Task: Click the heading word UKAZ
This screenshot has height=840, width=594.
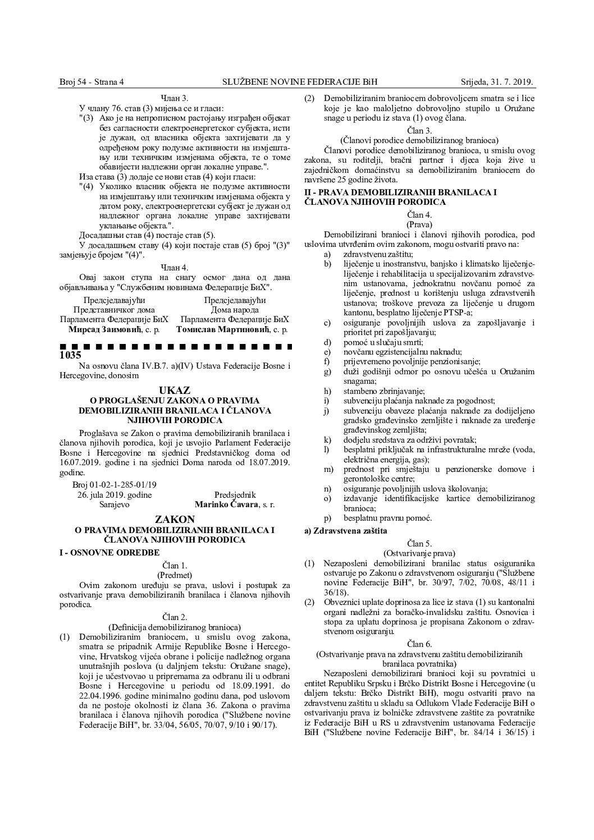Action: pyautogui.click(x=175, y=389)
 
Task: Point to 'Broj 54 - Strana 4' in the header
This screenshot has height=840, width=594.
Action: pyautogui.click(x=92, y=82)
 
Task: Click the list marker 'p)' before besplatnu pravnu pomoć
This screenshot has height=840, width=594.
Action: pyautogui.click(x=327, y=518)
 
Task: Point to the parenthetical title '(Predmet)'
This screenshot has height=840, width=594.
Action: pyautogui.click(x=174, y=575)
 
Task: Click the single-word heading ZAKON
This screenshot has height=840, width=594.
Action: pyautogui.click(x=175, y=520)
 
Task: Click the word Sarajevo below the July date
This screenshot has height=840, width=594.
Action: pyautogui.click(x=114, y=504)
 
